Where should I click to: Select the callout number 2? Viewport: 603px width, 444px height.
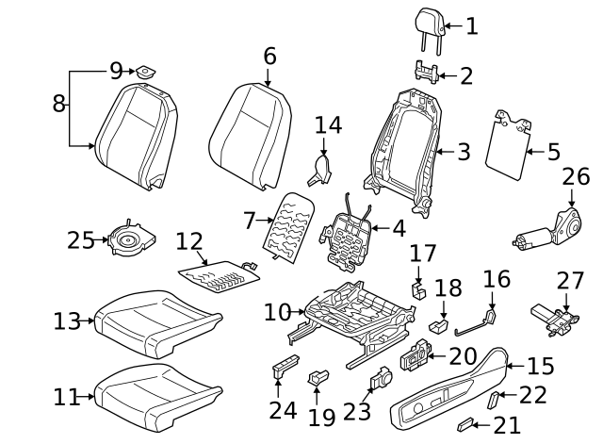point(465,75)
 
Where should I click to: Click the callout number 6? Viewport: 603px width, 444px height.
point(269,57)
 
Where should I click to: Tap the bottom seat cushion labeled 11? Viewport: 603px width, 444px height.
point(151,389)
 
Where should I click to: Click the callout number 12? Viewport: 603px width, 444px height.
point(188,242)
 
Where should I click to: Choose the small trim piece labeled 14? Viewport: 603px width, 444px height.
point(321,170)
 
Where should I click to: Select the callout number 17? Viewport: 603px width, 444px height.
point(423,253)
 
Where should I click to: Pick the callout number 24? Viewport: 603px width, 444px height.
point(275,410)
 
